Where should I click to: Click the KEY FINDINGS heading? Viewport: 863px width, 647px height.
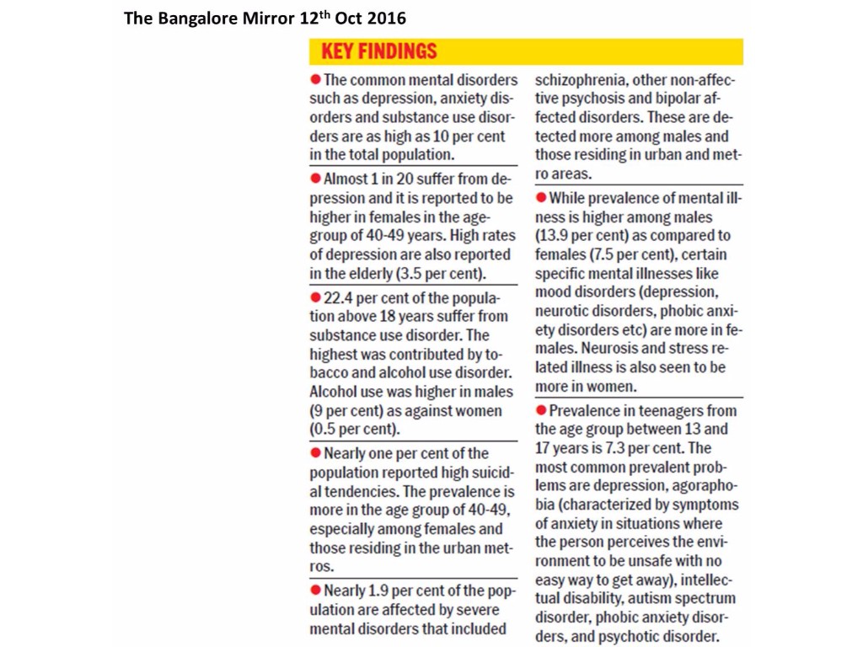click(x=379, y=51)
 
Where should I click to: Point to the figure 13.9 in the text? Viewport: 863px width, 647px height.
click(x=554, y=236)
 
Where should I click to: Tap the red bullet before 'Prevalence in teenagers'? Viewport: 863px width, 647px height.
click(x=541, y=411)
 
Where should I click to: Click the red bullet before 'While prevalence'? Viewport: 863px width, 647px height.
click(x=541, y=198)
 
